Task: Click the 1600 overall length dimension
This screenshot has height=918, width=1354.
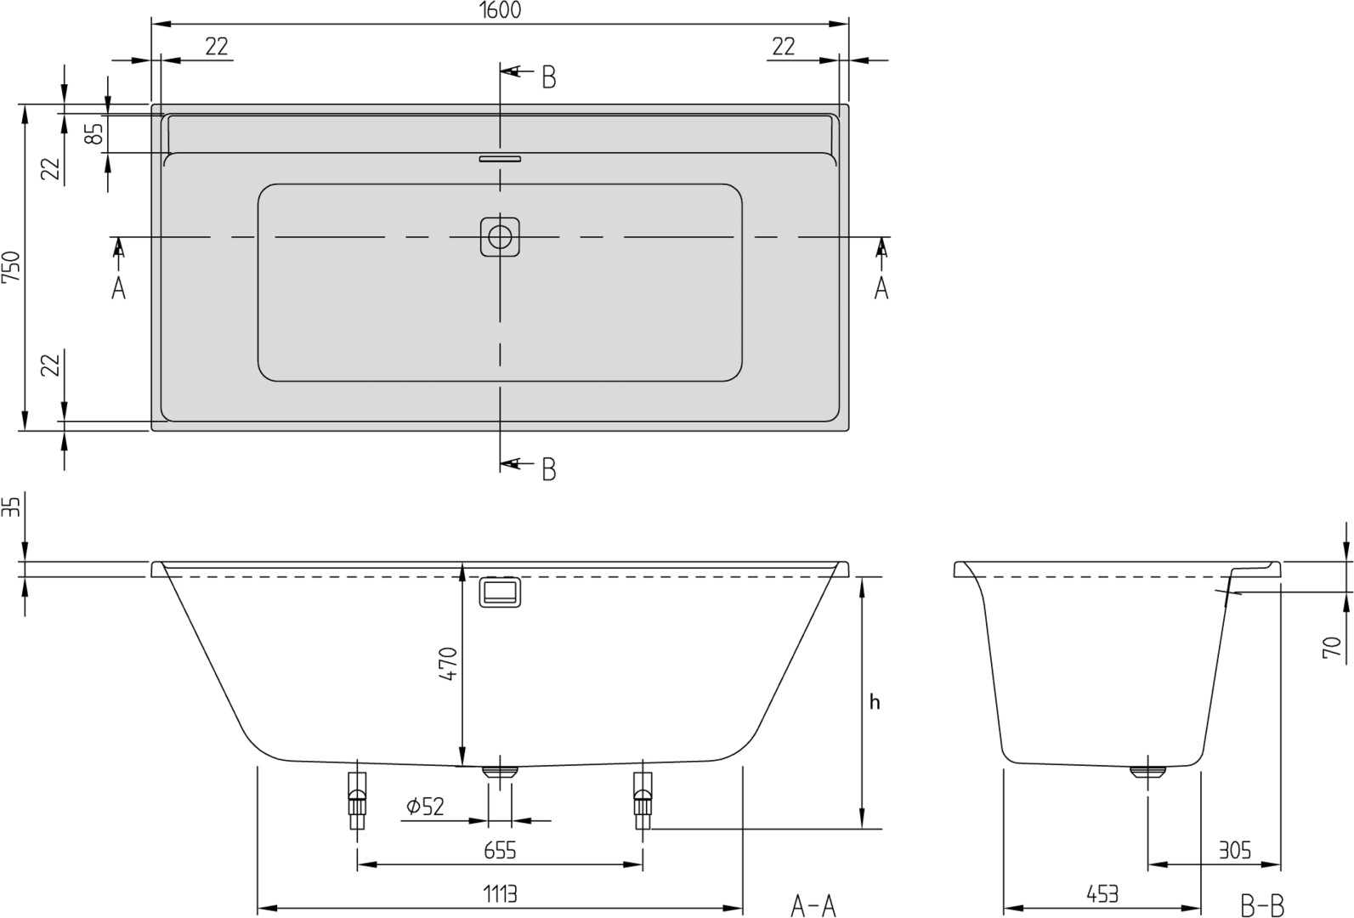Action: point(500,10)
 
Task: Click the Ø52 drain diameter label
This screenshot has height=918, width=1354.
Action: point(425,806)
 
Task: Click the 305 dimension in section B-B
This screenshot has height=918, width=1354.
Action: point(1234,850)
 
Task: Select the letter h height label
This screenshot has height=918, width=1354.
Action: point(875,702)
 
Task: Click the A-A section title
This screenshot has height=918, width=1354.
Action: point(813,906)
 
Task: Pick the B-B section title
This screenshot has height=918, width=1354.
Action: point(1261,906)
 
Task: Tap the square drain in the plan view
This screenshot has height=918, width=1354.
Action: point(500,236)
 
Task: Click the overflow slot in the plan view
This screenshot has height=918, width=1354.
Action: point(500,158)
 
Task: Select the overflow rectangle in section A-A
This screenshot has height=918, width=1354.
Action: point(500,592)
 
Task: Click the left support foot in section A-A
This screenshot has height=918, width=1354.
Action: point(357,802)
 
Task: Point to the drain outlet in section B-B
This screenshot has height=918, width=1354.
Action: point(1148,772)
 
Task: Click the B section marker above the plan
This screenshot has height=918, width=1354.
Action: point(549,77)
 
